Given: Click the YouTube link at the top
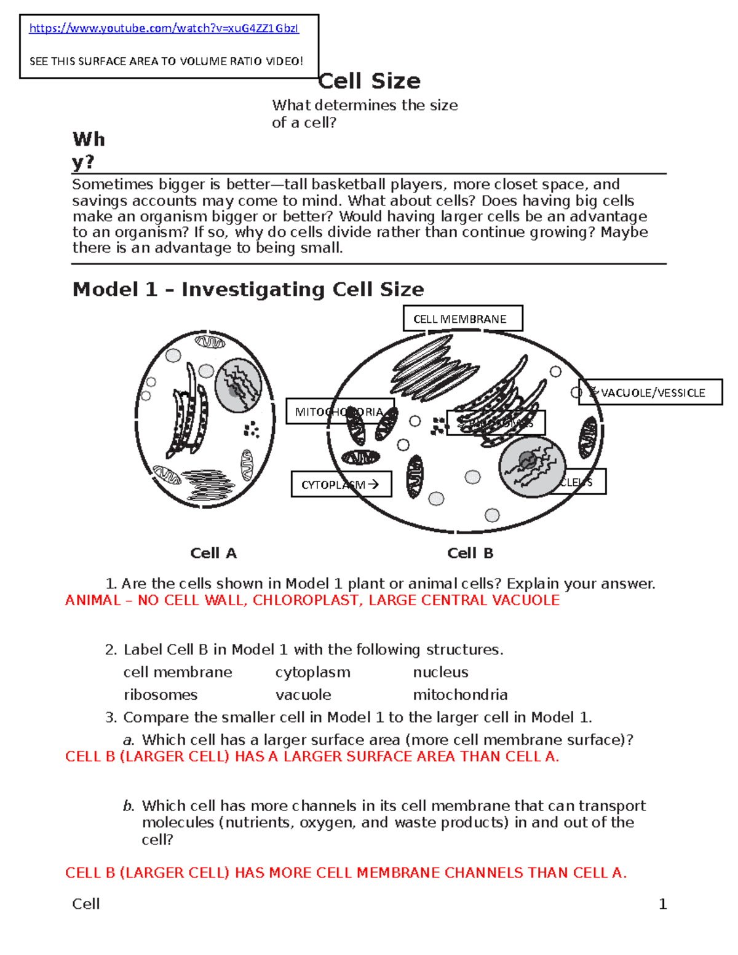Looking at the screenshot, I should [x=164, y=28].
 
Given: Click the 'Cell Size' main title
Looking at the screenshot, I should [x=370, y=81].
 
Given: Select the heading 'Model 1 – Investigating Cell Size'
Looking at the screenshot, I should [x=248, y=289].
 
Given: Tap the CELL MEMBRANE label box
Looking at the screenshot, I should [x=462, y=319].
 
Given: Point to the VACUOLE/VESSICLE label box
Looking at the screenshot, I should [x=651, y=392].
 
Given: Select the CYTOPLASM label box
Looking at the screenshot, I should [x=341, y=485].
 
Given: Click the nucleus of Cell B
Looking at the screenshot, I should [x=531, y=467].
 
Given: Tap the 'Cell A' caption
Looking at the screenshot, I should [x=213, y=553].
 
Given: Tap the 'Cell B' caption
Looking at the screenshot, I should [x=470, y=553].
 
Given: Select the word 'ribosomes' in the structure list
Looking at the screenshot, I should [x=161, y=695].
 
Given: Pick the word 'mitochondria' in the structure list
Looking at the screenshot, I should [x=460, y=695].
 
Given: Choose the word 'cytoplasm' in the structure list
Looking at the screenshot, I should [x=312, y=672].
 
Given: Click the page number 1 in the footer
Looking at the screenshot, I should [x=662, y=904].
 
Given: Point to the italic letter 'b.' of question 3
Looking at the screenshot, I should [x=129, y=806].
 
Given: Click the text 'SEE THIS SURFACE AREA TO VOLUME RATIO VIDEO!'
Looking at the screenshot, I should [x=166, y=61].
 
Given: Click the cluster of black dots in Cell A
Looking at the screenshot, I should [x=251, y=429].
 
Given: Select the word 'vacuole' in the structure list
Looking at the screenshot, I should [x=303, y=695].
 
